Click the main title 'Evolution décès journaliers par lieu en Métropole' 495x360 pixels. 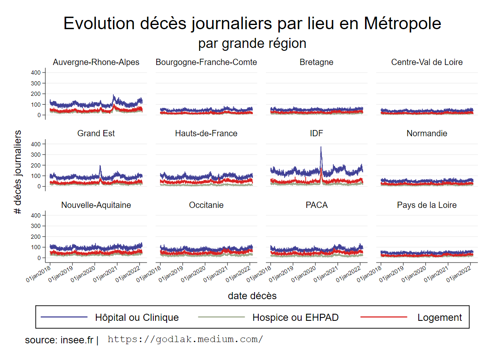click(x=252, y=23)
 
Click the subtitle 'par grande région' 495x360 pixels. click(x=252, y=43)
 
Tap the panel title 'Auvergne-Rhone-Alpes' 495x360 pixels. click(x=96, y=62)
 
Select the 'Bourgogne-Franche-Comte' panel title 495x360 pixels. click(x=206, y=62)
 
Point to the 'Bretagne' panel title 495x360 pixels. click(x=316, y=62)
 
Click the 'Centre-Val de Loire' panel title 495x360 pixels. click(x=427, y=62)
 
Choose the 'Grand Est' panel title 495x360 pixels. click(x=96, y=133)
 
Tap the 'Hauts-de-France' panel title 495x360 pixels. click(x=206, y=133)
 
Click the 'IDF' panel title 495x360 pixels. click(x=316, y=133)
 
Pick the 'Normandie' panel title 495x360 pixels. click(x=427, y=133)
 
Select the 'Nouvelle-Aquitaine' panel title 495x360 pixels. click(x=96, y=205)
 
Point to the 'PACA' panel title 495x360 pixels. click(x=316, y=205)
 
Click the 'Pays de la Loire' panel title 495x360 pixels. click(x=427, y=205)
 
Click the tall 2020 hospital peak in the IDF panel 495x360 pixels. click(x=321, y=148)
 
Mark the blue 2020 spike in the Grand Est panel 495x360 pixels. click(x=100, y=167)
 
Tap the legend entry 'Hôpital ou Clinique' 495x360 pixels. click(x=137, y=317)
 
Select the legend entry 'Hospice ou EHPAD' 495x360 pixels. click(x=295, y=317)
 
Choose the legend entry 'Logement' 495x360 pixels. click(x=439, y=317)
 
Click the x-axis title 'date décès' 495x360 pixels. click(x=252, y=296)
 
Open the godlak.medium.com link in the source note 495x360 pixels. click(x=185, y=339)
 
